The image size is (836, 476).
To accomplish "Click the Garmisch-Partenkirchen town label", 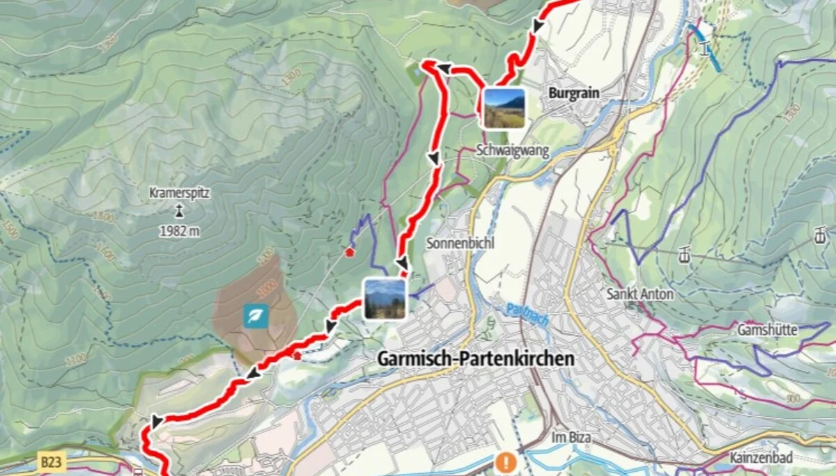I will pos(476,359).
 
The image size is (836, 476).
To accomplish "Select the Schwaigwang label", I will pos(513,150).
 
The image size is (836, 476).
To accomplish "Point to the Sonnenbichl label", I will pos(450,244).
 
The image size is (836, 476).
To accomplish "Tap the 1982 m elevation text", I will pos(180,231).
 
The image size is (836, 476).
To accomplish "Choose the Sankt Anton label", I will pos(640,294).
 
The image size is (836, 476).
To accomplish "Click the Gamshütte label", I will pos(767,331).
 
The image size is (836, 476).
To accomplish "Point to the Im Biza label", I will pos(571,437).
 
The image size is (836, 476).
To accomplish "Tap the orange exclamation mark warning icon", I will pos(506,461).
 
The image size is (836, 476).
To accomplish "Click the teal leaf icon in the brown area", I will pos(255,316).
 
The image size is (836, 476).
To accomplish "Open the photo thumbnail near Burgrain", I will pos(504,108).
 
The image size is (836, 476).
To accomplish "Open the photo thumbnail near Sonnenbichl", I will pos(385,299).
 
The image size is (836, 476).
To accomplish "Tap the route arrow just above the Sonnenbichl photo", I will pos(402,264).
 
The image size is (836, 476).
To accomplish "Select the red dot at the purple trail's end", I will pos(350,252).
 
